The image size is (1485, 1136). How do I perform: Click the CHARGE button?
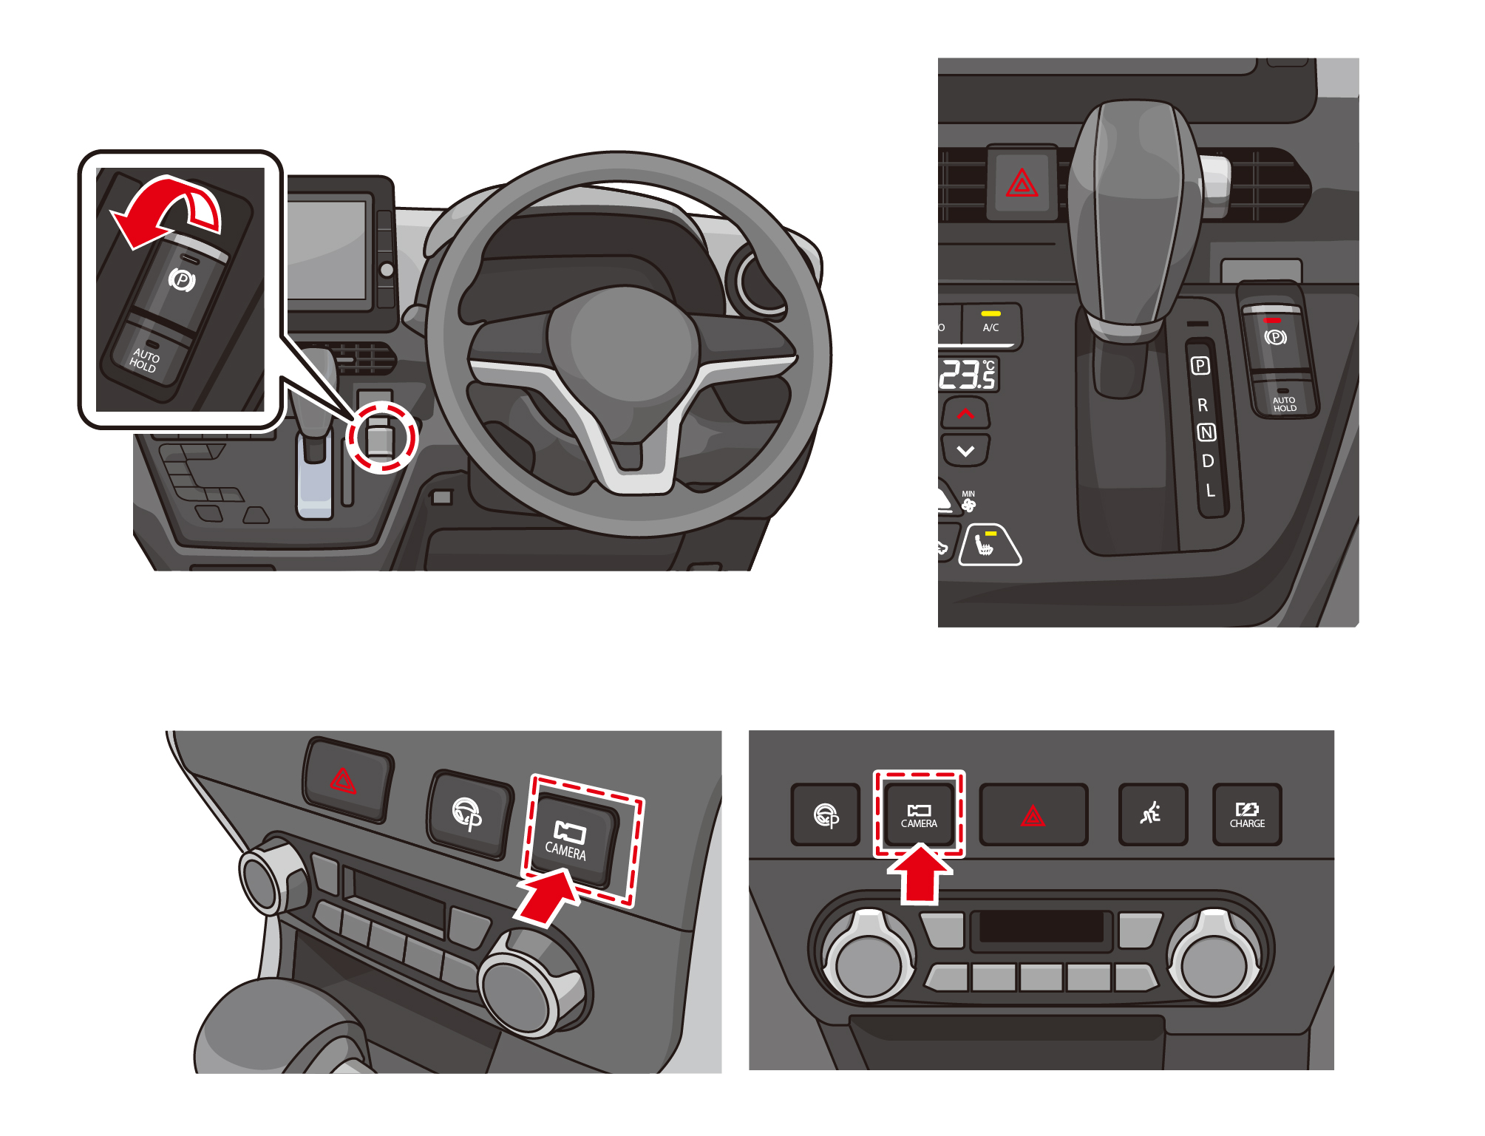[1247, 814]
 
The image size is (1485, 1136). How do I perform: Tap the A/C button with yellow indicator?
[990, 325]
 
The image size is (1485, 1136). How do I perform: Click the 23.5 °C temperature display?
[968, 375]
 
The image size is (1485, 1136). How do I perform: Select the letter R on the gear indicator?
[1203, 405]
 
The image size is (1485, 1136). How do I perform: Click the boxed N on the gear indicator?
[1206, 432]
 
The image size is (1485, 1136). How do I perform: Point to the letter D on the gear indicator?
[1208, 461]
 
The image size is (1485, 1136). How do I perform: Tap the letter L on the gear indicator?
[1210, 490]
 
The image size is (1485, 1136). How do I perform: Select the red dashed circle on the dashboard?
[382, 438]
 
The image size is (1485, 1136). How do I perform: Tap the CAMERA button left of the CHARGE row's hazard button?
[919, 814]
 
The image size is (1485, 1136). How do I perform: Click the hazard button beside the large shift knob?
[1022, 183]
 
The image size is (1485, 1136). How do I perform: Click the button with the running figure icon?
[1152, 814]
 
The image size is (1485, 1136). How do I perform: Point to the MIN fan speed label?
[968, 494]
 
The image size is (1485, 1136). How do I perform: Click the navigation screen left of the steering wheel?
[327, 248]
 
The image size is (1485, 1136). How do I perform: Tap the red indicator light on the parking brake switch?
[1272, 321]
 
